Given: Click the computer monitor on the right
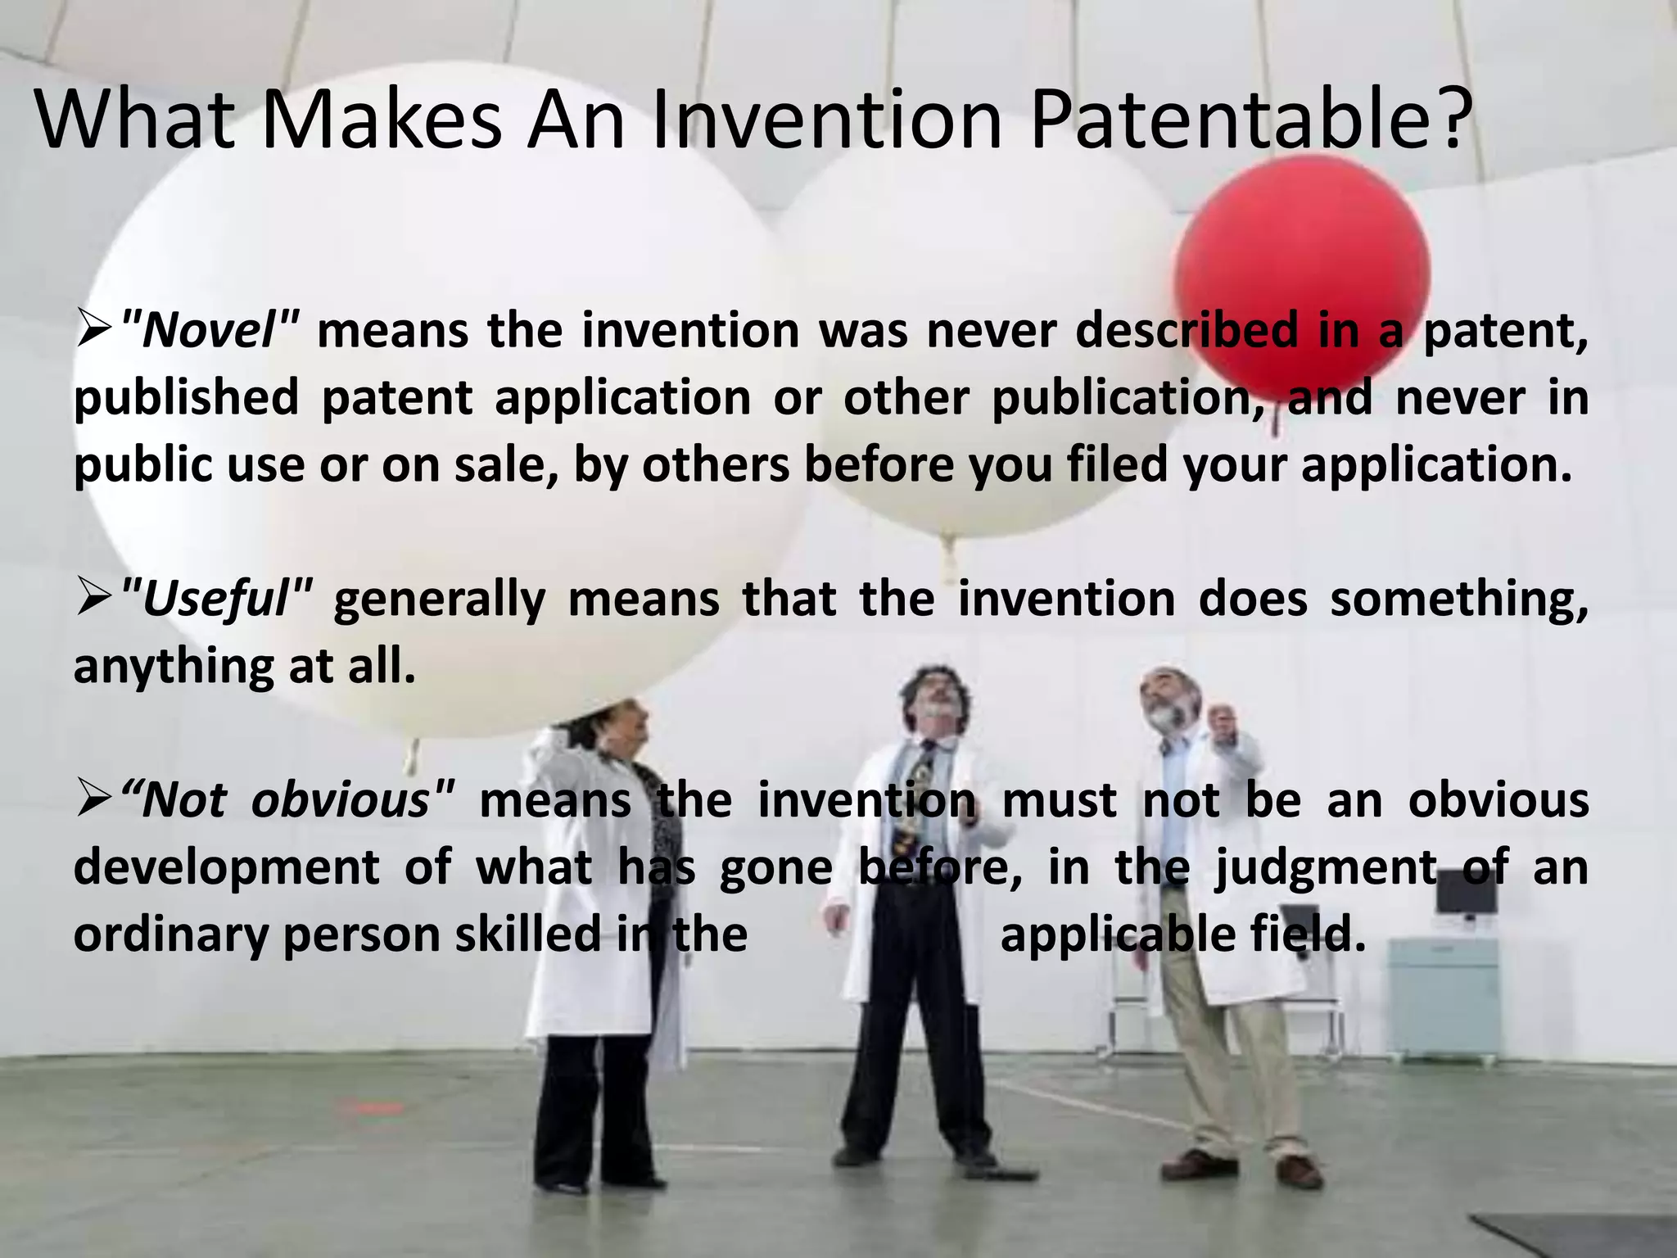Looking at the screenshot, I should [1466, 897].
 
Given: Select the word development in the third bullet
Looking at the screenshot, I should [226, 867].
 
